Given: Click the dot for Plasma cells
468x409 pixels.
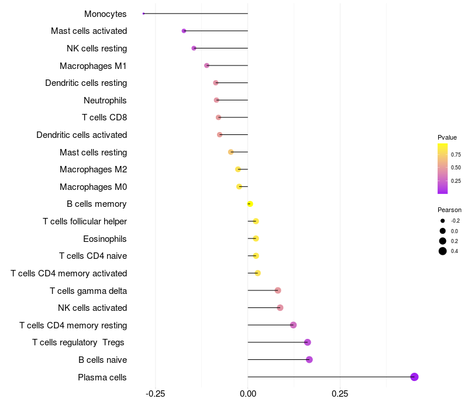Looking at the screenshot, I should click(x=414, y=377).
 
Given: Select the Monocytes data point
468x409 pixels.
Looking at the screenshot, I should click(x=143, y=13).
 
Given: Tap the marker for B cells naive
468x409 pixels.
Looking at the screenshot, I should click(x=309, y=359).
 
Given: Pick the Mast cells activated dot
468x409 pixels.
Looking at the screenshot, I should click(x=184, y=31).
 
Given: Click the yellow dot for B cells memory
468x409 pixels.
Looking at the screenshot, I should click(x=250, y=204).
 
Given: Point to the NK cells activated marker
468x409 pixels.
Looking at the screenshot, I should click(x=280, y=308).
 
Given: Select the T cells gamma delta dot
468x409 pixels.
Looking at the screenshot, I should click(x=278, y=290).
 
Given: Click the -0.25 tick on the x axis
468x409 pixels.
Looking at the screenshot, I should click(x=155, y=394).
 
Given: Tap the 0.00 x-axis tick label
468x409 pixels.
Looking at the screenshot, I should click(x=247, y=394).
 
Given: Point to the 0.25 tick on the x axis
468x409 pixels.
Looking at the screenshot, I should click(x=340, y=394).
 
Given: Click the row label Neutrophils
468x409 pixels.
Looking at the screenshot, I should click(x=105, y=100).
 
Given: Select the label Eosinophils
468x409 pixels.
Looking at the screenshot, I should click(x=105, y=239).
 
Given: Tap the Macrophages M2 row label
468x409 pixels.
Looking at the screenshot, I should click(x=93, y=169).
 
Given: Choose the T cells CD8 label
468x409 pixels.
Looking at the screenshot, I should click(x=105, y=117).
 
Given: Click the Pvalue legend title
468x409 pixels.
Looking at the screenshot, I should click(x=447, y=137).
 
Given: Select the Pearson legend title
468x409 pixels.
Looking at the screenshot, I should click(x=449, y=210).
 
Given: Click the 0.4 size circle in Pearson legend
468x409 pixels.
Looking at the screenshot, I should click(x=443, y=251).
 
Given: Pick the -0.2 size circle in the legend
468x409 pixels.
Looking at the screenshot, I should click(x=443, y=221).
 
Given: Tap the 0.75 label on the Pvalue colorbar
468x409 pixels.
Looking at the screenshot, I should click(x=456, y=154).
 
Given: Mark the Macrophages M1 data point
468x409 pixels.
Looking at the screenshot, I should click(x=207, y=65).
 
